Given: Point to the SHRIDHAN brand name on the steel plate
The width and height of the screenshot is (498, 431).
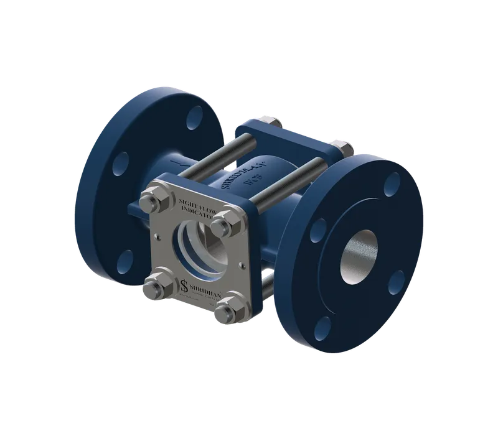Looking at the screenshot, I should pos(209,287).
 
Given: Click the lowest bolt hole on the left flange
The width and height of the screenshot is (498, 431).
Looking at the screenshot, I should pos(126,257).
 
